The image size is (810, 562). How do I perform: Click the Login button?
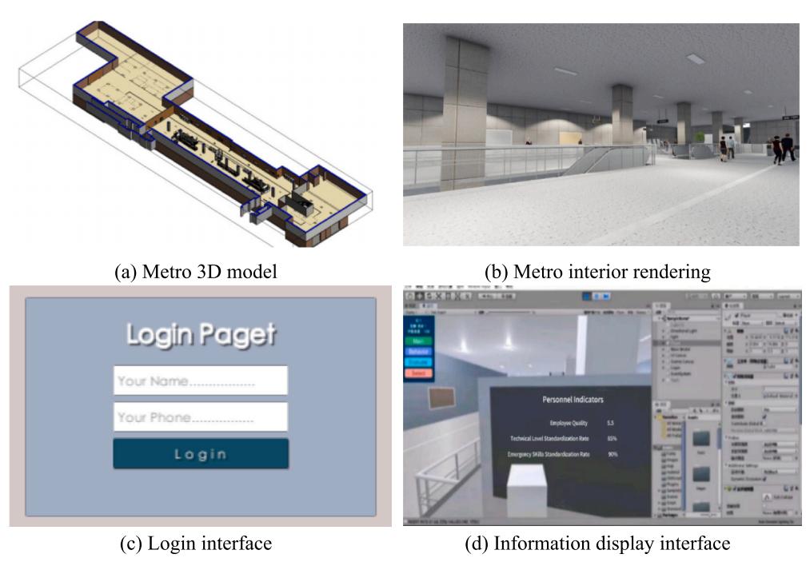(201, 454)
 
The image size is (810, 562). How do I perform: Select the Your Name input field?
(201, 381)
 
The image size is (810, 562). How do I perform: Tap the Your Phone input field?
(201, 417)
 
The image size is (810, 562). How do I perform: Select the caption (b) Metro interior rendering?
(601, 272)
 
